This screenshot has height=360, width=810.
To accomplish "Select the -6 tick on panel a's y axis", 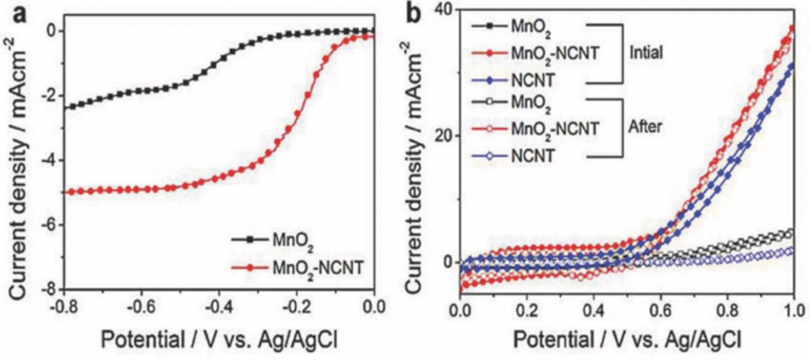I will (x=47, y=225).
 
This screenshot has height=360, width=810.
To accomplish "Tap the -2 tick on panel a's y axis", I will (x=47, y=96).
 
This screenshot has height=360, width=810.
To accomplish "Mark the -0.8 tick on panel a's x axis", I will (x=63, y=307).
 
